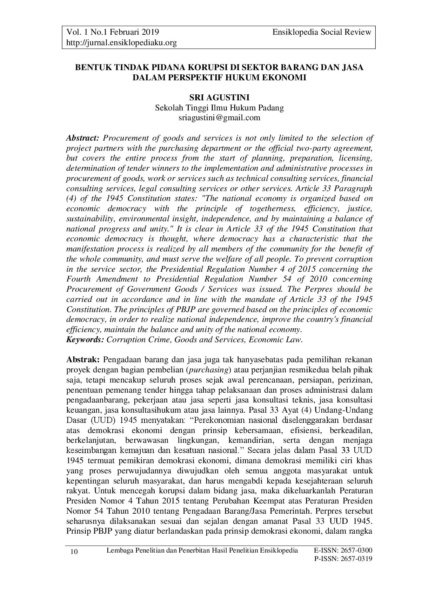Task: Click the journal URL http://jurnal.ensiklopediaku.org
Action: coord(121,43)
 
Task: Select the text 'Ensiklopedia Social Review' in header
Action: coord(322,33)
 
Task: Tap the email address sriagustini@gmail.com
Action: coord(219,118)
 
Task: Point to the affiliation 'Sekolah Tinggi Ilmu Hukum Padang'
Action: coord(219,108)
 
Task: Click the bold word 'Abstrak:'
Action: coord(83,360)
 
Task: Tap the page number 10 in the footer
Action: coord(74,552)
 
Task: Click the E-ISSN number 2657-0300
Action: coord(356,550)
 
